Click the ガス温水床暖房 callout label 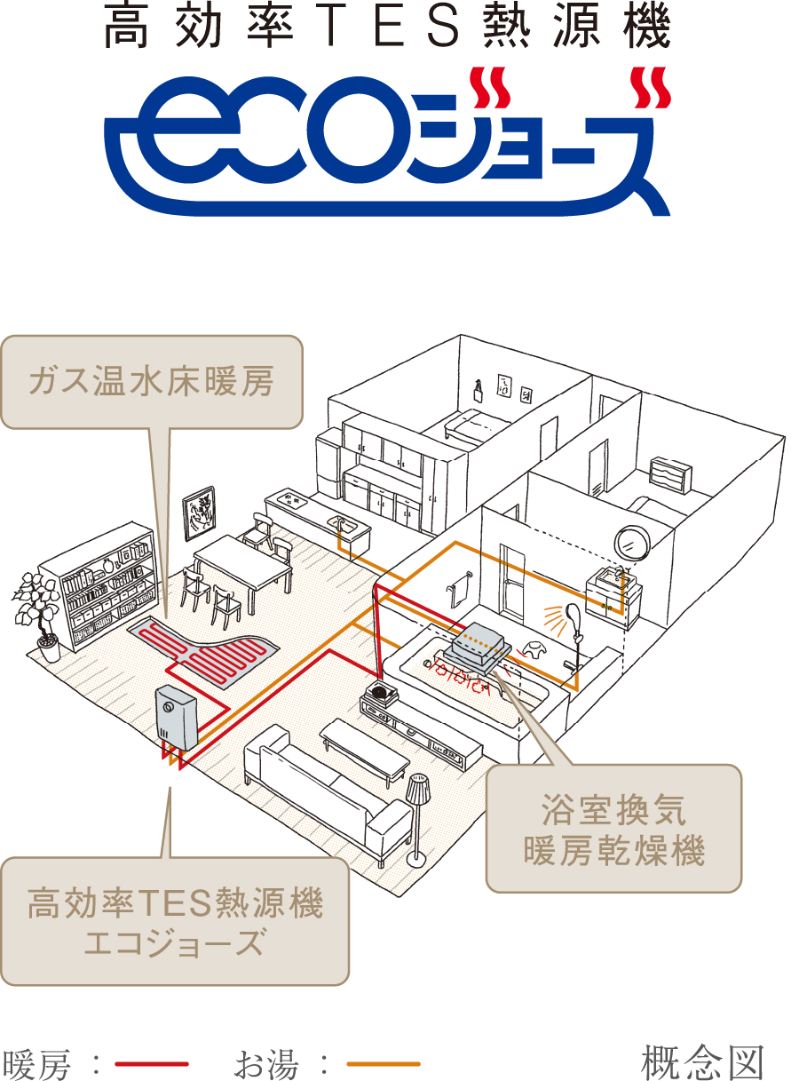coord(151,382)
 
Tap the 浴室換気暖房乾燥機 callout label coord(613,829)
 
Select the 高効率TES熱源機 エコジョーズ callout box coord(175,921)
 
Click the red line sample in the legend coord(151,1063)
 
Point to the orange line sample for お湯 coord(383,1063)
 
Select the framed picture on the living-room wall coord(198,513)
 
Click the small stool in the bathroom coord(534,651)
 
